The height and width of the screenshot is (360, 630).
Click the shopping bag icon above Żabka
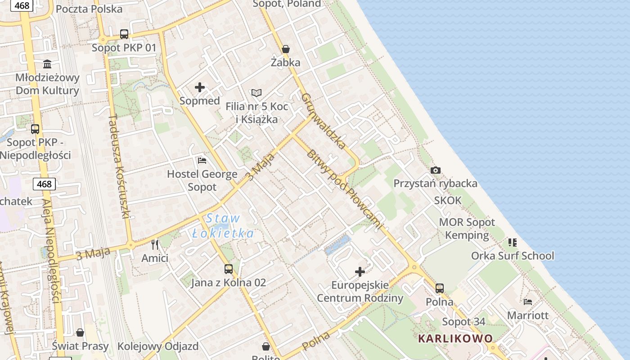pyautogui.click(x=285, y=49)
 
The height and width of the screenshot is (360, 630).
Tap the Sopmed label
pyautogui.click(x=200, y=100)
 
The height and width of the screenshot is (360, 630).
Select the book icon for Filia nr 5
pyautogui.click(x=256, y=93)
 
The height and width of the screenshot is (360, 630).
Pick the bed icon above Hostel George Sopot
pyautogui.click(x=202, y=160)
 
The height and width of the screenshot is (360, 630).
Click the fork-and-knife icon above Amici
pyautogui.click(x=155, y=244)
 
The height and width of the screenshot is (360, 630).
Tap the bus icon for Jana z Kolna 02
pyautogui.click(x=229, y=269)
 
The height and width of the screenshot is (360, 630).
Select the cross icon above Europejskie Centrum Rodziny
pyautogui.click(x=360, y=271)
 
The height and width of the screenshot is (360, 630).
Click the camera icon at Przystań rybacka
pyautogui.click(x=435, y=170)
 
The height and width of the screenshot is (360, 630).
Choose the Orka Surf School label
pyautogui.click(x=513, y=256)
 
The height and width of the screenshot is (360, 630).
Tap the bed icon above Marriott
pyautogui.click(x=528, y=301)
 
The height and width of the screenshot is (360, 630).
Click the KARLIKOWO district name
pyautogui.click(x=455, y=338)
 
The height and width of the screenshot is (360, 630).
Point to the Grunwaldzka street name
pyautogui.click(x=324, y=121)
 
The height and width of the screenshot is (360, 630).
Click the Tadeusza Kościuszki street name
pyautogui.click(x=119, y=166)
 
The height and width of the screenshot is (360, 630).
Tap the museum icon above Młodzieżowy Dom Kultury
pyautogui.click(x=47, y=64)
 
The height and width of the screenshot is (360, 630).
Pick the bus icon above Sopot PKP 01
pyautogui.click(x=124, y=34)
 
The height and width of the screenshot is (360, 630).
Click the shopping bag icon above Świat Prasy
pyautogui.click(x=80, y=333)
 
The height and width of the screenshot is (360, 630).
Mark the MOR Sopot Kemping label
pyautogui.click(x=467, y=229)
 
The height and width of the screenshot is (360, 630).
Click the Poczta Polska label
pyautogui.click(x=89, y=9)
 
